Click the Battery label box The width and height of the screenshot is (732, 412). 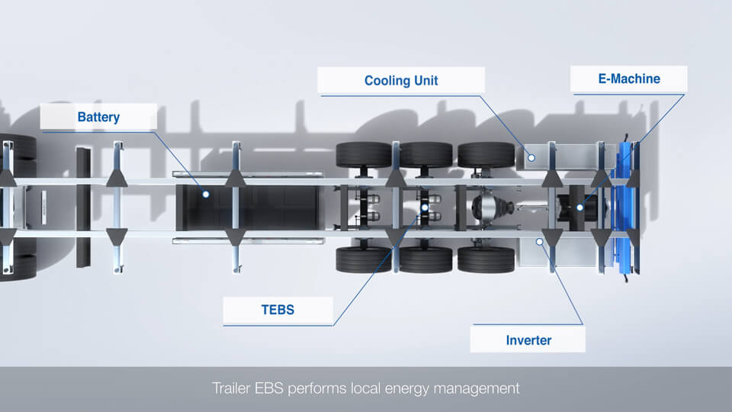pos(98,117)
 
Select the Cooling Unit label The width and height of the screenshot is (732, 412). pos(401,80)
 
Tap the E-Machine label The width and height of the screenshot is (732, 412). pos(629,79)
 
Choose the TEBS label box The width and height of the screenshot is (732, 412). pos(278,310)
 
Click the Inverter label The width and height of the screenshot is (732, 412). pos(528,340)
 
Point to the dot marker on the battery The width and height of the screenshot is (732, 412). pos(205,195)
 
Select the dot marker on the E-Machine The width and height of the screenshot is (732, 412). pos(579,206)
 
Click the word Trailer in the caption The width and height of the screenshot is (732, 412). pos(231,388)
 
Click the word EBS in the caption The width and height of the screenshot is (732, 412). pos(270,388)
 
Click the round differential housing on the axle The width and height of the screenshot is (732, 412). pos(485,206)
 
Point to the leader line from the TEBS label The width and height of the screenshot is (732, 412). pos(374,267)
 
